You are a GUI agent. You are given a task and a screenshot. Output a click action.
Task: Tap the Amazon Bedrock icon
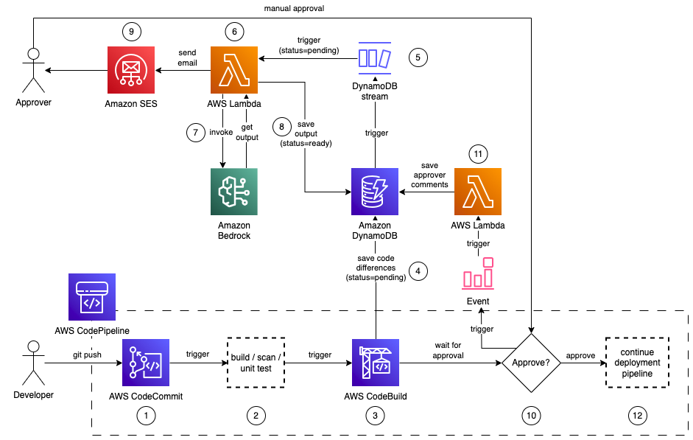pos(233,191)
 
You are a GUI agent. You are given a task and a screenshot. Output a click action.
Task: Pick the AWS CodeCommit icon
pos(146,362)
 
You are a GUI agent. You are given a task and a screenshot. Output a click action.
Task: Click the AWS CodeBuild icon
pos(376,362)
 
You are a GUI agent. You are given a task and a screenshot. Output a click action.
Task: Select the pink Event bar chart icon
pos(477,273)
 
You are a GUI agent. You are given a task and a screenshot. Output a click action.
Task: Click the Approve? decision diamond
pos(530,363)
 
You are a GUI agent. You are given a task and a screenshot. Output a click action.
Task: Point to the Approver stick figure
pos(33,70)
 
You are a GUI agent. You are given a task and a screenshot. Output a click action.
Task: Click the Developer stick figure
pos(33,362)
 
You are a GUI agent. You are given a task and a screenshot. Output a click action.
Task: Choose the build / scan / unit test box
pos(255,362)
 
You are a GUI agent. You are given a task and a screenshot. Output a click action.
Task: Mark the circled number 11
pos(479,154)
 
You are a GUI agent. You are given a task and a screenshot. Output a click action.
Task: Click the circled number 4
pos(419,270)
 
